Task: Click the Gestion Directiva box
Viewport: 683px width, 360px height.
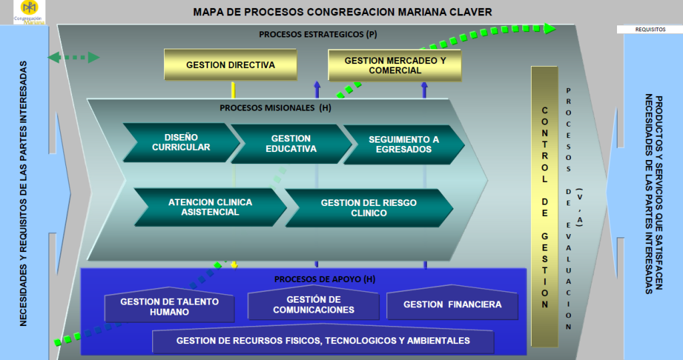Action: [x=230, y=65]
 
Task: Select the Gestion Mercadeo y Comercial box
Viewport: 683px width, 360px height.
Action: [x=395, y=65]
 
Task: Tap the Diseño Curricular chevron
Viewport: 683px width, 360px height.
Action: [x=181, y=142]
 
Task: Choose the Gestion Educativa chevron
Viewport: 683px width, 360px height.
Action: [x=291, y=143]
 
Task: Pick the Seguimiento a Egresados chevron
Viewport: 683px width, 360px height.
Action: [x=404, y=144]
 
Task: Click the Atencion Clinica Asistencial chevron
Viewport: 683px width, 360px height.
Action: [x=210, y=207]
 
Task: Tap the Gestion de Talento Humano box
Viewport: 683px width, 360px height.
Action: [x=169, y=307]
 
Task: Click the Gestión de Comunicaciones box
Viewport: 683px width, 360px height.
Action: [x=313, y=305]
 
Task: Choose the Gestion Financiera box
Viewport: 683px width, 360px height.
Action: [x=452, y=305]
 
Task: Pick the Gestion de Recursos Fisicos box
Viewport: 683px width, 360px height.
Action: [x=323, y=341]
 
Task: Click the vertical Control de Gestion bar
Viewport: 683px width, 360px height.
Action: [x=544, y=207]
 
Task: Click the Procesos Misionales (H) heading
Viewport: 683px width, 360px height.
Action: [x=275, y=107]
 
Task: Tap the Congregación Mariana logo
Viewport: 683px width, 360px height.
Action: [x=29, y=12]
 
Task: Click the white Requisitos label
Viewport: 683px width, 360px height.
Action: [x=651, y=30]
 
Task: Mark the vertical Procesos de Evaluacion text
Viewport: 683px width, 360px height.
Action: [x=568, y=207]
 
